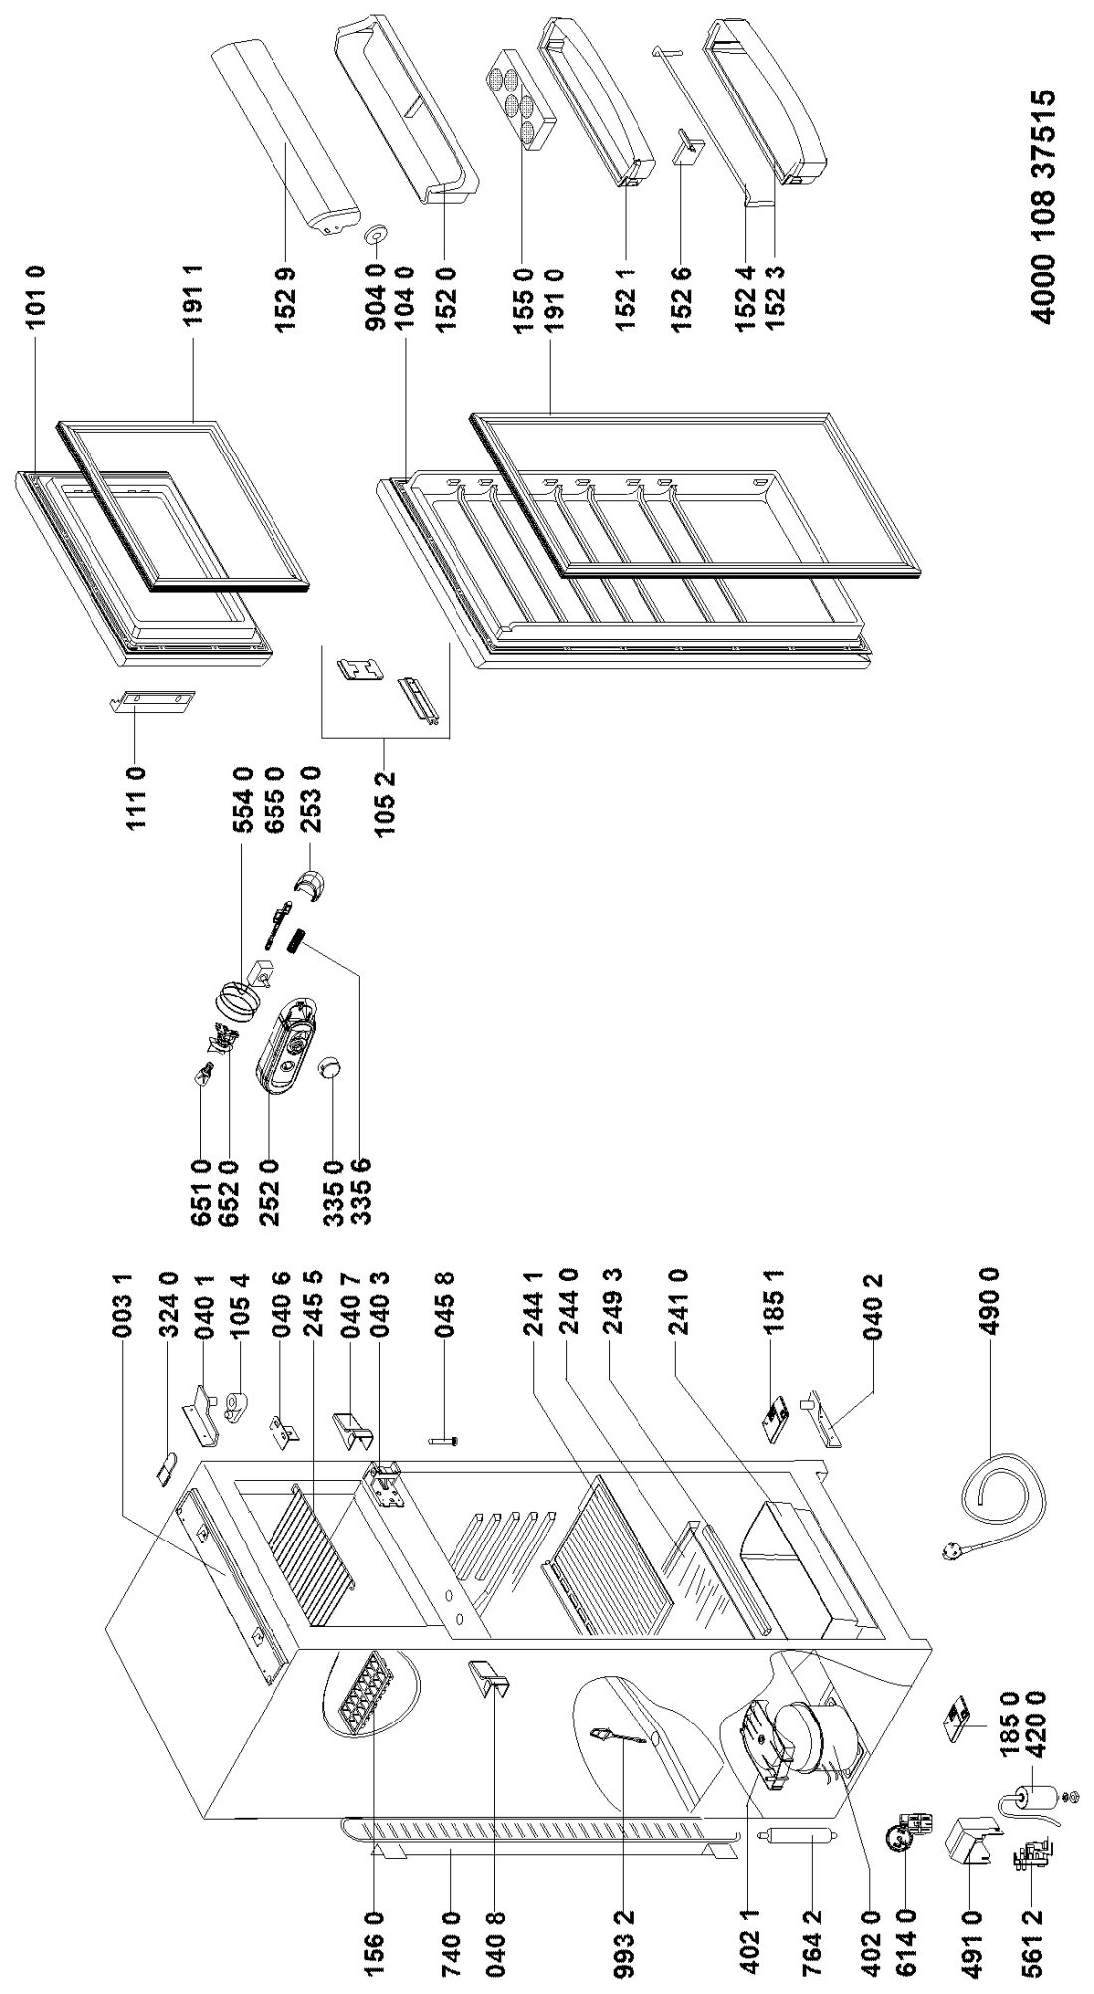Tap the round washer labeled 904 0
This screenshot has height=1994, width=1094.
[376, 232]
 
